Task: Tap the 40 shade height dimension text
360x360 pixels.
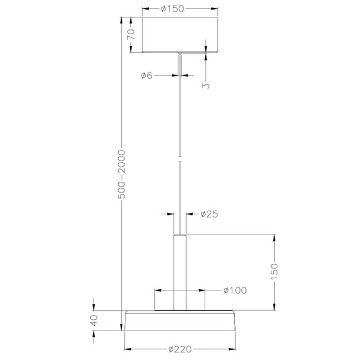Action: pyautogui.click(x=94, y=320)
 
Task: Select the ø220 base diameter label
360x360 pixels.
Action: pyautogui.click(x=180, y=349)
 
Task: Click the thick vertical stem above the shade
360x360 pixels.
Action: pyautogui.click(x=180, y=270)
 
